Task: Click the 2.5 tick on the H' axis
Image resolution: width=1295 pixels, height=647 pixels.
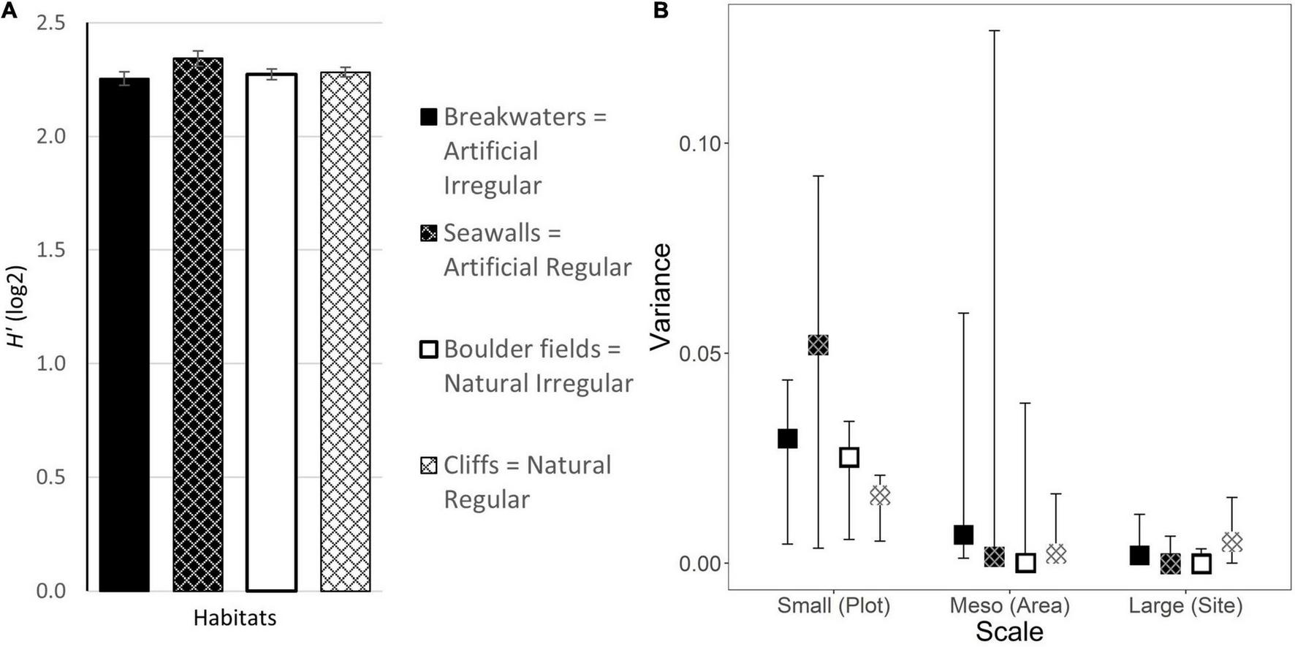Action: (50, 23)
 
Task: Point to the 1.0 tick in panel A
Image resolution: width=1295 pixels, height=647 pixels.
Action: (50, 363)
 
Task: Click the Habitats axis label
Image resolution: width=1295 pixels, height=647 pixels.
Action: (235, 618)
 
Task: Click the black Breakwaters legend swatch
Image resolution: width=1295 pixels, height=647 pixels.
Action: (429, 117)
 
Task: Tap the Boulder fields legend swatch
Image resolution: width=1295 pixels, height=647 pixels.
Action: (429, 349)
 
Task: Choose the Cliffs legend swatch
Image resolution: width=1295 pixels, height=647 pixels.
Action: (429, 465)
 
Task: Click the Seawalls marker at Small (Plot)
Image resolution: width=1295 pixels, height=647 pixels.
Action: (818, 345)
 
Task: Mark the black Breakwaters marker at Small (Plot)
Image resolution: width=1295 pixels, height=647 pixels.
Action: (787, 439)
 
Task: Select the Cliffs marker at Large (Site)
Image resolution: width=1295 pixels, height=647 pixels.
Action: (1232, 542)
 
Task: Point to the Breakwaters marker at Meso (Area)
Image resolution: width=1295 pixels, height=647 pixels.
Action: (964, 534)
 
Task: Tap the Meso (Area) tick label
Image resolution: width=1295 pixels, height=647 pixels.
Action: (1009, 605)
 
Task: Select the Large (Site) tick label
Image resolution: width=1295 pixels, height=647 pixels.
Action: (1185, 605)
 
